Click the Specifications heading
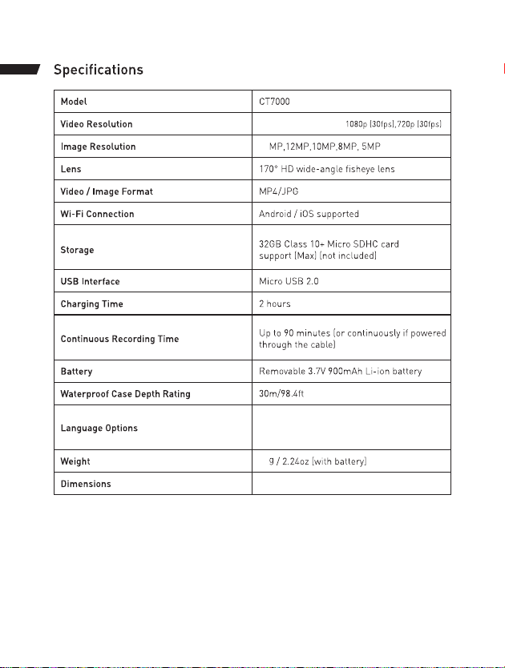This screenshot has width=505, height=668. (99, 70)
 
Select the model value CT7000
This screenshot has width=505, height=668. (278, 102)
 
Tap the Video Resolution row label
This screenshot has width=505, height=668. (97, 124)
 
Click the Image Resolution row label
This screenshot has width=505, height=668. (98, 147)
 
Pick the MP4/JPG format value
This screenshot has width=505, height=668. (278, 191)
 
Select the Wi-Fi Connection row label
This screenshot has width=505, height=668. (97, 214)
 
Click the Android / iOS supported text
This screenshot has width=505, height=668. (309, 214)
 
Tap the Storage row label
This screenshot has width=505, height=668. (78, 250)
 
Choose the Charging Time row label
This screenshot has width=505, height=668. (91, 304)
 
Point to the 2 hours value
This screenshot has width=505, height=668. (275, 304)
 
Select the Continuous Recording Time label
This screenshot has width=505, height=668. (119, 339)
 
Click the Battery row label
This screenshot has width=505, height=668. (76, 372)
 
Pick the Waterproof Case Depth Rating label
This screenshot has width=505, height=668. (125, 394)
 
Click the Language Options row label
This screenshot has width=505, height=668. (99, 428)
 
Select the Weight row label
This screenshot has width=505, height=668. (75, 461)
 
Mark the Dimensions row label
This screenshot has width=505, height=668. (86, 484)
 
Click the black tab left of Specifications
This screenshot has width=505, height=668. (19, 70)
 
